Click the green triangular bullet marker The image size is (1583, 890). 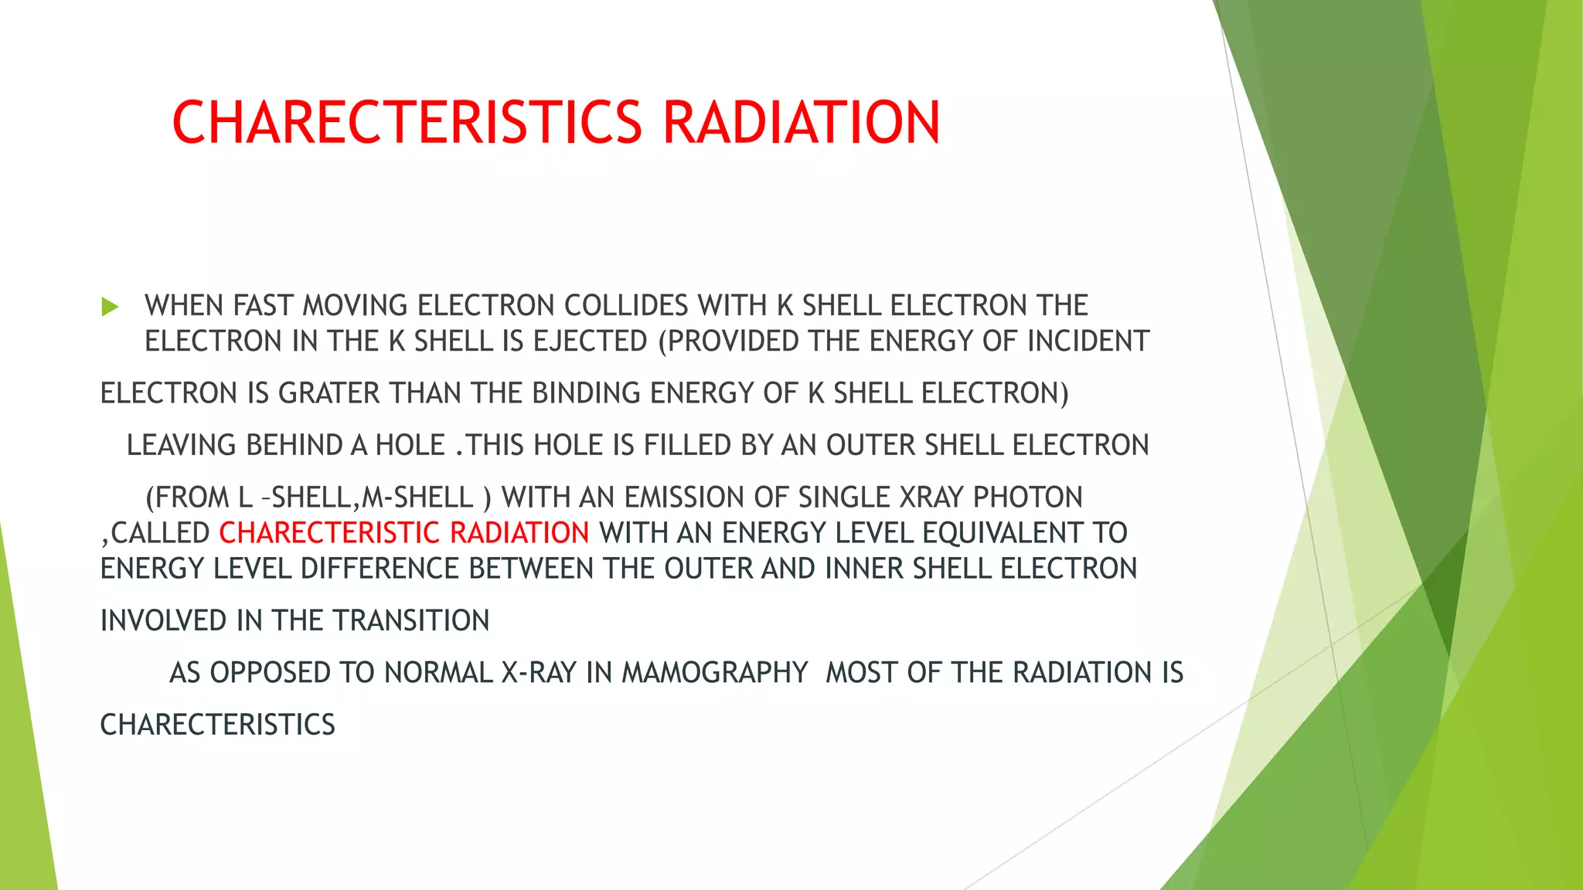(x=110, y=307)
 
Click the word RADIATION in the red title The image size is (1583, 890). (x=802, y=123)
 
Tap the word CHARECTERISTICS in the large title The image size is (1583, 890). (x=407, y=123)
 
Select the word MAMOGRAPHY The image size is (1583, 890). (x=715, y=673)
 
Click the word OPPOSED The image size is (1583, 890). (x=271, y=673)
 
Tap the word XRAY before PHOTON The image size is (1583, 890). (x=931, y=498)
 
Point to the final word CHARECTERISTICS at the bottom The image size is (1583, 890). (x=218, y=725)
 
